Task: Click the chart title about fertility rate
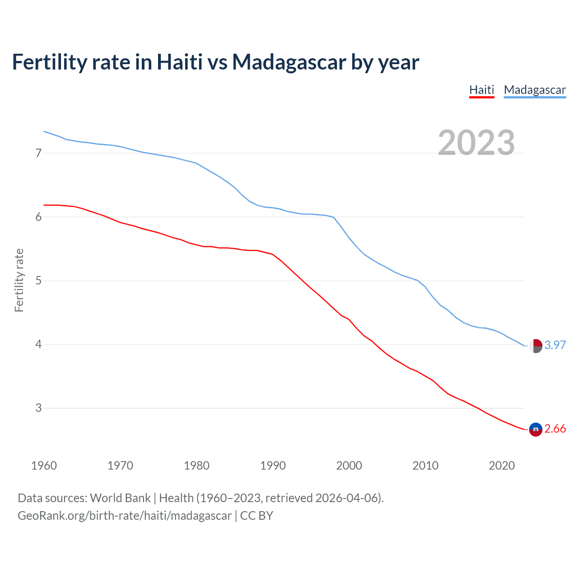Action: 215,62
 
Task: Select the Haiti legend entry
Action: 481,90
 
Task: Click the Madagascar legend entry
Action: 535,90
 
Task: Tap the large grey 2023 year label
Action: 476,143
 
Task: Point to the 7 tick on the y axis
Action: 38,154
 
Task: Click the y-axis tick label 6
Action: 38,217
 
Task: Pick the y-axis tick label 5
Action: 38,281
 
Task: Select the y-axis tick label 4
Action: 38,345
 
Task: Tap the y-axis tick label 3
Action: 38,408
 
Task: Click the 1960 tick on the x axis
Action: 44,466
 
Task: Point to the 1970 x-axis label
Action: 120,466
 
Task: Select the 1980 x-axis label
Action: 196,466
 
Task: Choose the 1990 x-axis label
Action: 273,466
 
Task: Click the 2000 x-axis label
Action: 349,466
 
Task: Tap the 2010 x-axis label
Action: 425,466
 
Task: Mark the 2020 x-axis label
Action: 502,466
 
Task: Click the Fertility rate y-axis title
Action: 19,280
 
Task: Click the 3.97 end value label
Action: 555,345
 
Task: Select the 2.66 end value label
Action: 555,429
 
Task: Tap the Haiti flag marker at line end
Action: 536,429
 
